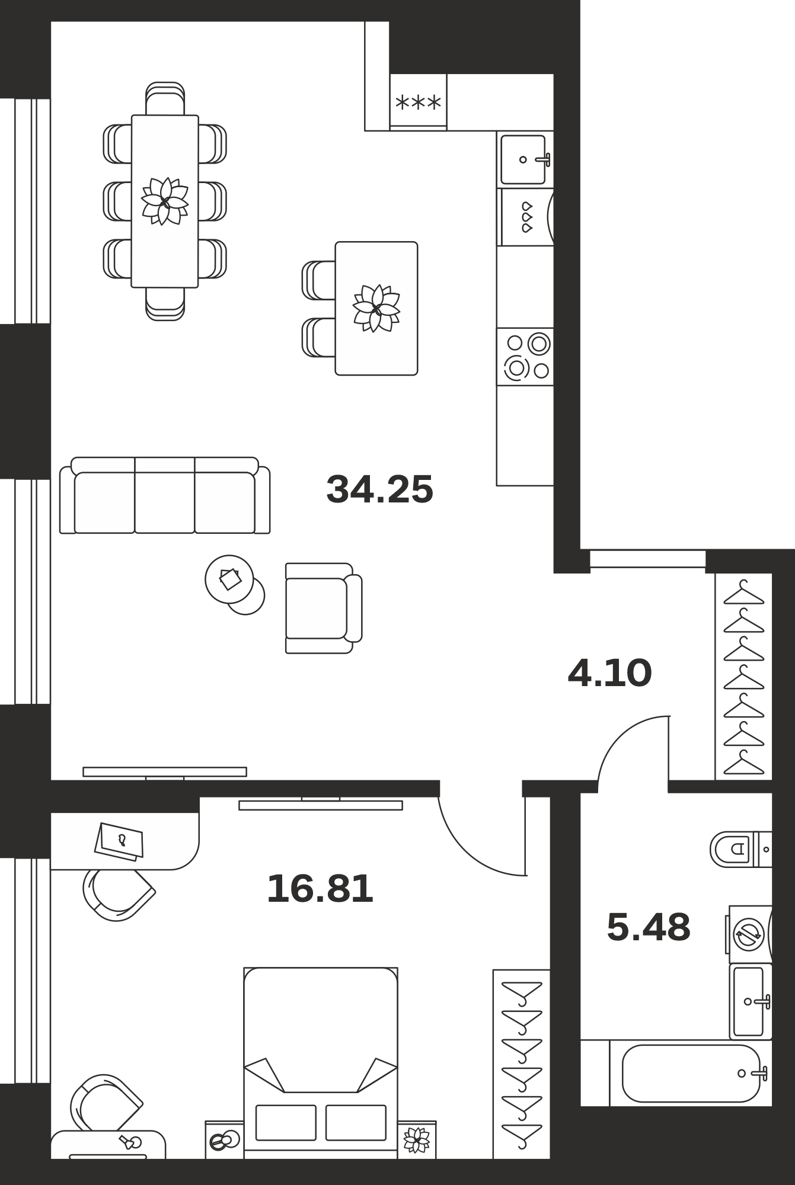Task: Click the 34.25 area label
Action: click(380, 489)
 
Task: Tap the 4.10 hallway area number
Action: click(609, 673)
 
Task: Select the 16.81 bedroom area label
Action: click(320, 889)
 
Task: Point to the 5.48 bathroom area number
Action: click(649, 927)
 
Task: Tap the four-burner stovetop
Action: click(525, 357)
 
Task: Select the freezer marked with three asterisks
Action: click(418, 102)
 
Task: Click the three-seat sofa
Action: click(165, 495)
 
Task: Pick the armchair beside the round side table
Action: click(324, 608)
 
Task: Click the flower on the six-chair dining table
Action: click(165, 201)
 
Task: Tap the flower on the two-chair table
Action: click(376, 308)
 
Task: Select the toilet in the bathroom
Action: click(740, 849)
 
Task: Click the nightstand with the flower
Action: click(417, 1139)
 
